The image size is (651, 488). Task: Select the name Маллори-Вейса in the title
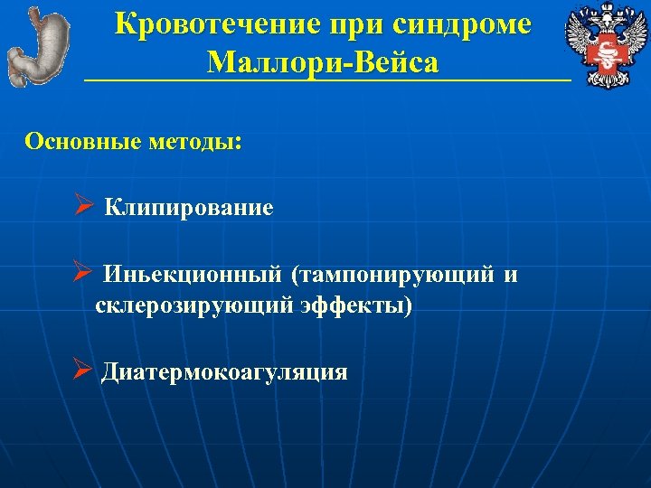[324, 62]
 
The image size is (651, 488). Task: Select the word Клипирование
[189, 208]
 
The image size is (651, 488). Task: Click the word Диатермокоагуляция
[224, 372]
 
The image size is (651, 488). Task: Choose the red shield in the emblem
[599, 53]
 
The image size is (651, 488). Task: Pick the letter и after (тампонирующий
[512, 274]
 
